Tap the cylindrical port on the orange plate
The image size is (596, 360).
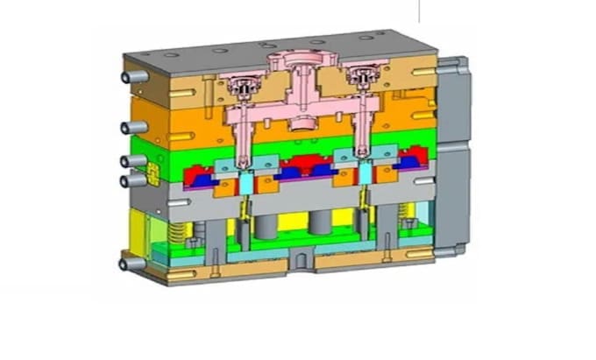click(x=131, y=129)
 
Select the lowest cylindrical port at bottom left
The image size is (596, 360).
click(x=129, y=261)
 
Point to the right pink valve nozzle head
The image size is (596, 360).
click(x=360, y=79)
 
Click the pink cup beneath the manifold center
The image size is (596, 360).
click(x=302, y=121)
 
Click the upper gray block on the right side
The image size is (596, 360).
click(x=454, y=99)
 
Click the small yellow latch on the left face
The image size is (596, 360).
click(x=151, y=171)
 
